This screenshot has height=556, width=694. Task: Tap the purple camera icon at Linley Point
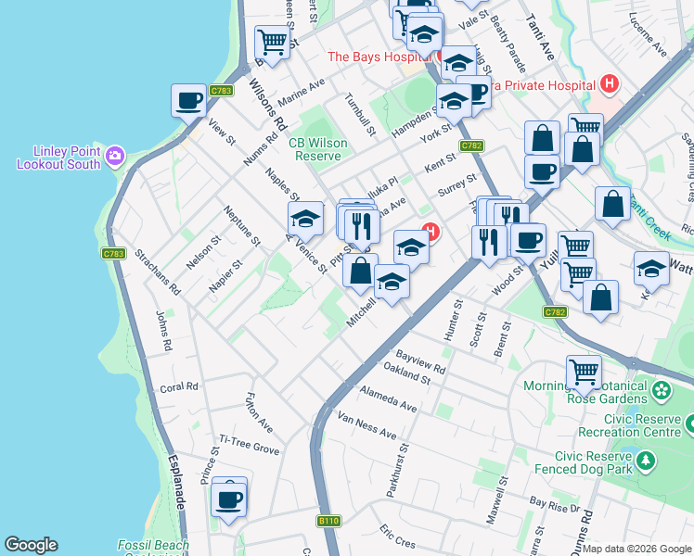(115, 154)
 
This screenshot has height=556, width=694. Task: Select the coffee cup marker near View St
(188, 100)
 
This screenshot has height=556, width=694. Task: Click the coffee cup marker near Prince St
(229, 500)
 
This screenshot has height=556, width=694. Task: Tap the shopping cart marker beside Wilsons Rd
(272, 42)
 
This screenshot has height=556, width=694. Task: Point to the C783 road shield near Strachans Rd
(113, 253)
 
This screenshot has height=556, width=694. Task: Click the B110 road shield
(328, 522)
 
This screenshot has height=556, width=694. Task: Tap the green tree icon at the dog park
(647, 459)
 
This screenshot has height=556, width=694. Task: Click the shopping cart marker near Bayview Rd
(584, 373)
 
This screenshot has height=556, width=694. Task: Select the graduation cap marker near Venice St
(304, 220)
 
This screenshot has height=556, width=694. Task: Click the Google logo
(32, 545)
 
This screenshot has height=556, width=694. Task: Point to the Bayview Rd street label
(420, 361)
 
